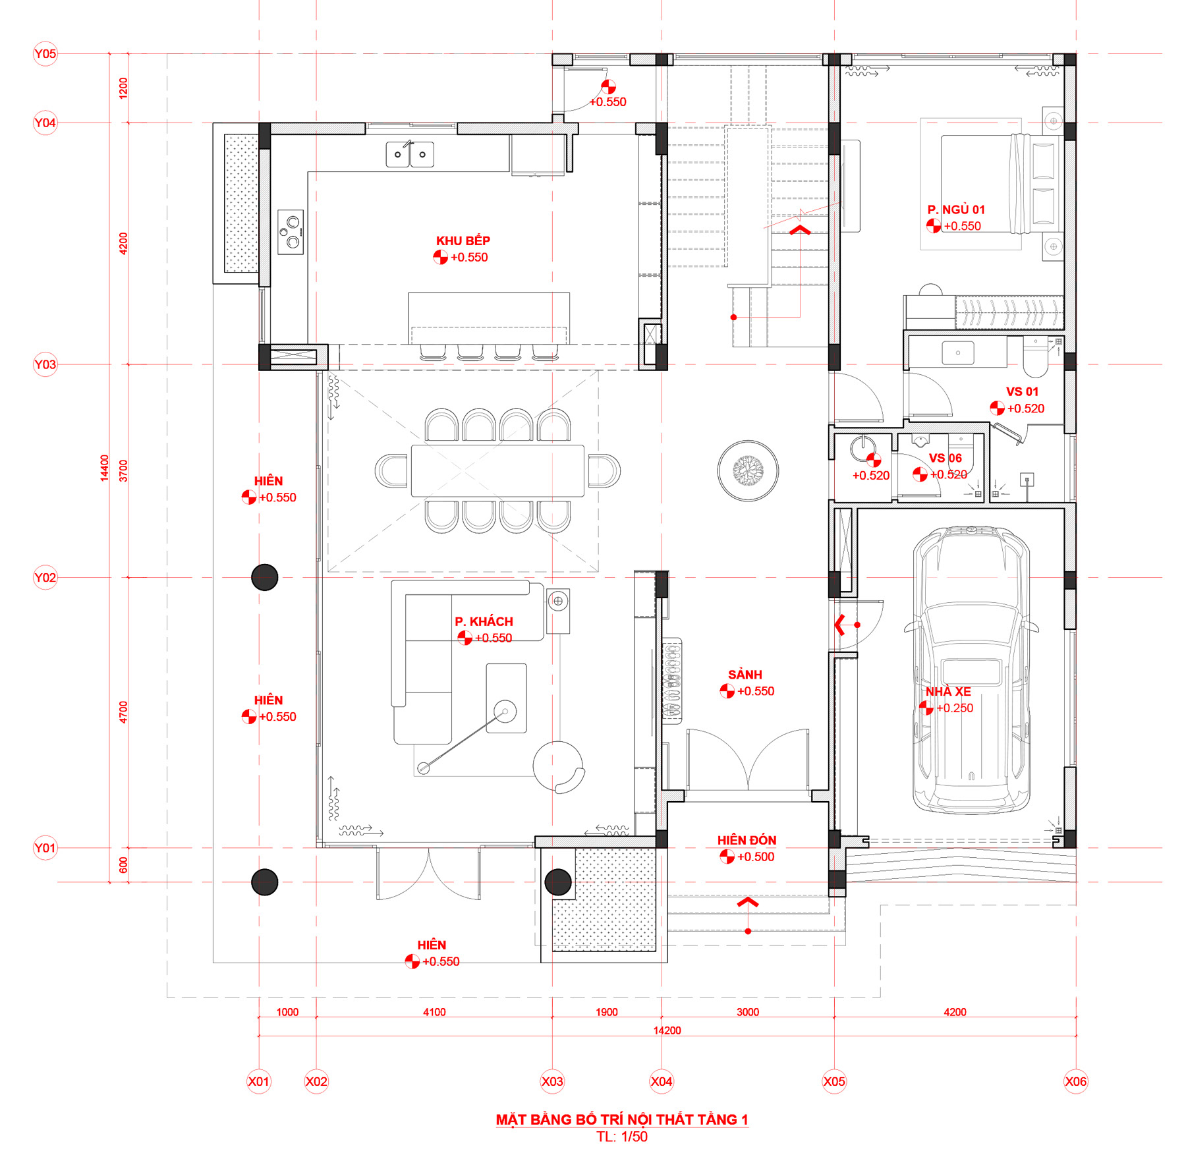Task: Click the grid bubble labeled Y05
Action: click(45, 54)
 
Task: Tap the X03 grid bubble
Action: click(552, 1081)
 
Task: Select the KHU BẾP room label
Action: click(463, 241)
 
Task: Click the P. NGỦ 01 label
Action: click(956, 210)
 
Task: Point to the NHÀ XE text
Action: click(948, 692)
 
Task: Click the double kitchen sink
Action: click(410, 154)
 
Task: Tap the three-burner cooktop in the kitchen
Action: click(291, 232)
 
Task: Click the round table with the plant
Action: click(748, 471)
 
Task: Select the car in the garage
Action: click(971, 670)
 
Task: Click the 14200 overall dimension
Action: click(667, 1030)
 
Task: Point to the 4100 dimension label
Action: click(434, 1012)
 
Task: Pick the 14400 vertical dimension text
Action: click(104, 468)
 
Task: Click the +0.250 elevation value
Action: click(955, 708)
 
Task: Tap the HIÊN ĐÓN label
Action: click(747, 840)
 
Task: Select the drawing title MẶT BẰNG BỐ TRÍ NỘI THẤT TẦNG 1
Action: click(622, 1119)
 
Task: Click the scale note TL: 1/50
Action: click(622, 1137)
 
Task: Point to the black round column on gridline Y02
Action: click(265, 578)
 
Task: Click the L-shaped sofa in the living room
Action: click(461, 659)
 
